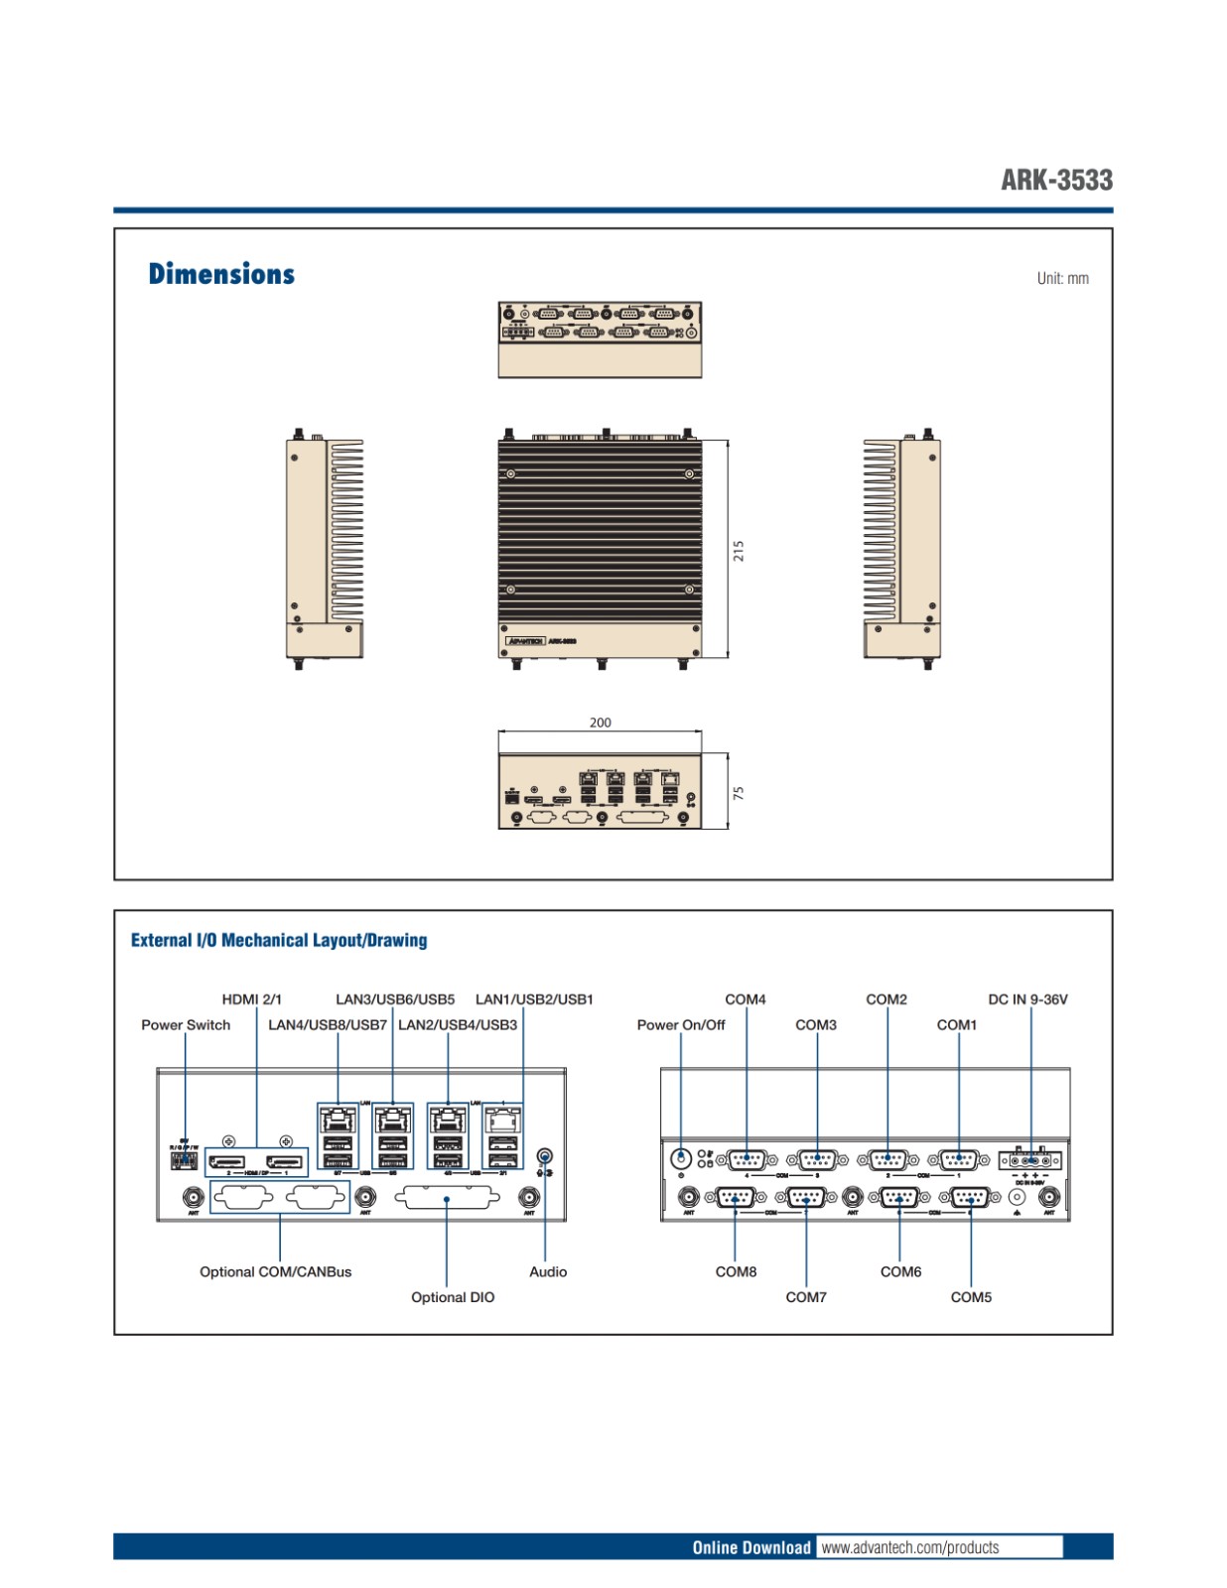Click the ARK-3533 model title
pos(1056,180)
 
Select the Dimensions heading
pos(221,274)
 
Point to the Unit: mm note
pos(1062,278)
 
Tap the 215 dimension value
pos(739,551)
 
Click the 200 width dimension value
pos(600,723)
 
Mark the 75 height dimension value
pos(739,793)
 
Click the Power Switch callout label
pos(186,1024)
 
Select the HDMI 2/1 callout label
pos(251,998)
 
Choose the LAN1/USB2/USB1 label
pos(534,998)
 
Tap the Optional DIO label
pos(453,1297)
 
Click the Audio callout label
pos(548,1271)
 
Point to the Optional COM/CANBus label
pos(275,1271)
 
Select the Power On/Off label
pos(681,1024)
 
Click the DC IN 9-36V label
pos(1027,998)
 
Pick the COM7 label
pos(806,1297)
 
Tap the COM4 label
pos(746,998)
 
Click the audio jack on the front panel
pos(544,1156)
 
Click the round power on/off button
pos(681,1158)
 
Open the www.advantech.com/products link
pos(910,1547)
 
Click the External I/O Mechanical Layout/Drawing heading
pos(279,940)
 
